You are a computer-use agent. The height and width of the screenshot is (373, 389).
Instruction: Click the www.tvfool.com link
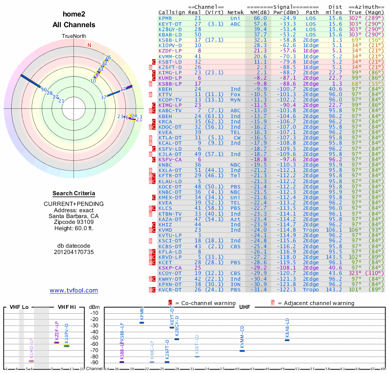click(74, 290)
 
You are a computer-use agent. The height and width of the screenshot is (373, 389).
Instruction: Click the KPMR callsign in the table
click(165, 18)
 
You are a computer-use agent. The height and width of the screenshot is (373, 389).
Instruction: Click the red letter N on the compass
click(89, 45)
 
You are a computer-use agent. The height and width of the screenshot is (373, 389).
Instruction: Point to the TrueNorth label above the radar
click(74, 36)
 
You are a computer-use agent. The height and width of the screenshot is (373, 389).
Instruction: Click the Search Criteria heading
click(74, 193)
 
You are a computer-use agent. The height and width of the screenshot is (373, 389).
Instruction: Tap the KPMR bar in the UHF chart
click(141, 322)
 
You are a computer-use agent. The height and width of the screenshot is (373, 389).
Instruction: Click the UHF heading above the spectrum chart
click(245, 307)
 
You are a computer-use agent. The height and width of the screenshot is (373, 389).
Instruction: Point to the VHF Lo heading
click(18, 307)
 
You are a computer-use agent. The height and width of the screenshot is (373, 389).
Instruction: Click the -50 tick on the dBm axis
click(94, 338)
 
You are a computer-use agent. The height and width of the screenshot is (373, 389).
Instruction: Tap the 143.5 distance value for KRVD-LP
click(335, 256)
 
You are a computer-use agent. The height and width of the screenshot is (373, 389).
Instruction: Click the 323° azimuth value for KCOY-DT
click(356, 273)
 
